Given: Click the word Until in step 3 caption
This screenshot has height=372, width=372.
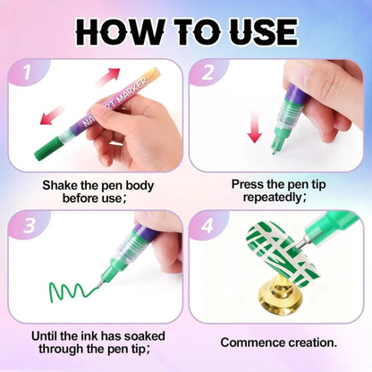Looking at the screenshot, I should point(49,335).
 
